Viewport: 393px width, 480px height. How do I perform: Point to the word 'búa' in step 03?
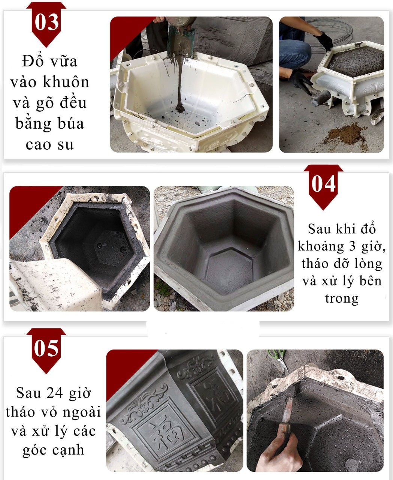(x=70, y=124)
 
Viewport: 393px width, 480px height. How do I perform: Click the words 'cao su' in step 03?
(x=50, y=144)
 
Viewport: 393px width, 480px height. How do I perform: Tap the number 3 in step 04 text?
(x=352, y=246)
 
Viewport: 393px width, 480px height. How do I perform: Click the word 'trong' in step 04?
(x=342, y=298)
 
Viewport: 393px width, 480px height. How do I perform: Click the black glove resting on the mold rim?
(x=323, y=40)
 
